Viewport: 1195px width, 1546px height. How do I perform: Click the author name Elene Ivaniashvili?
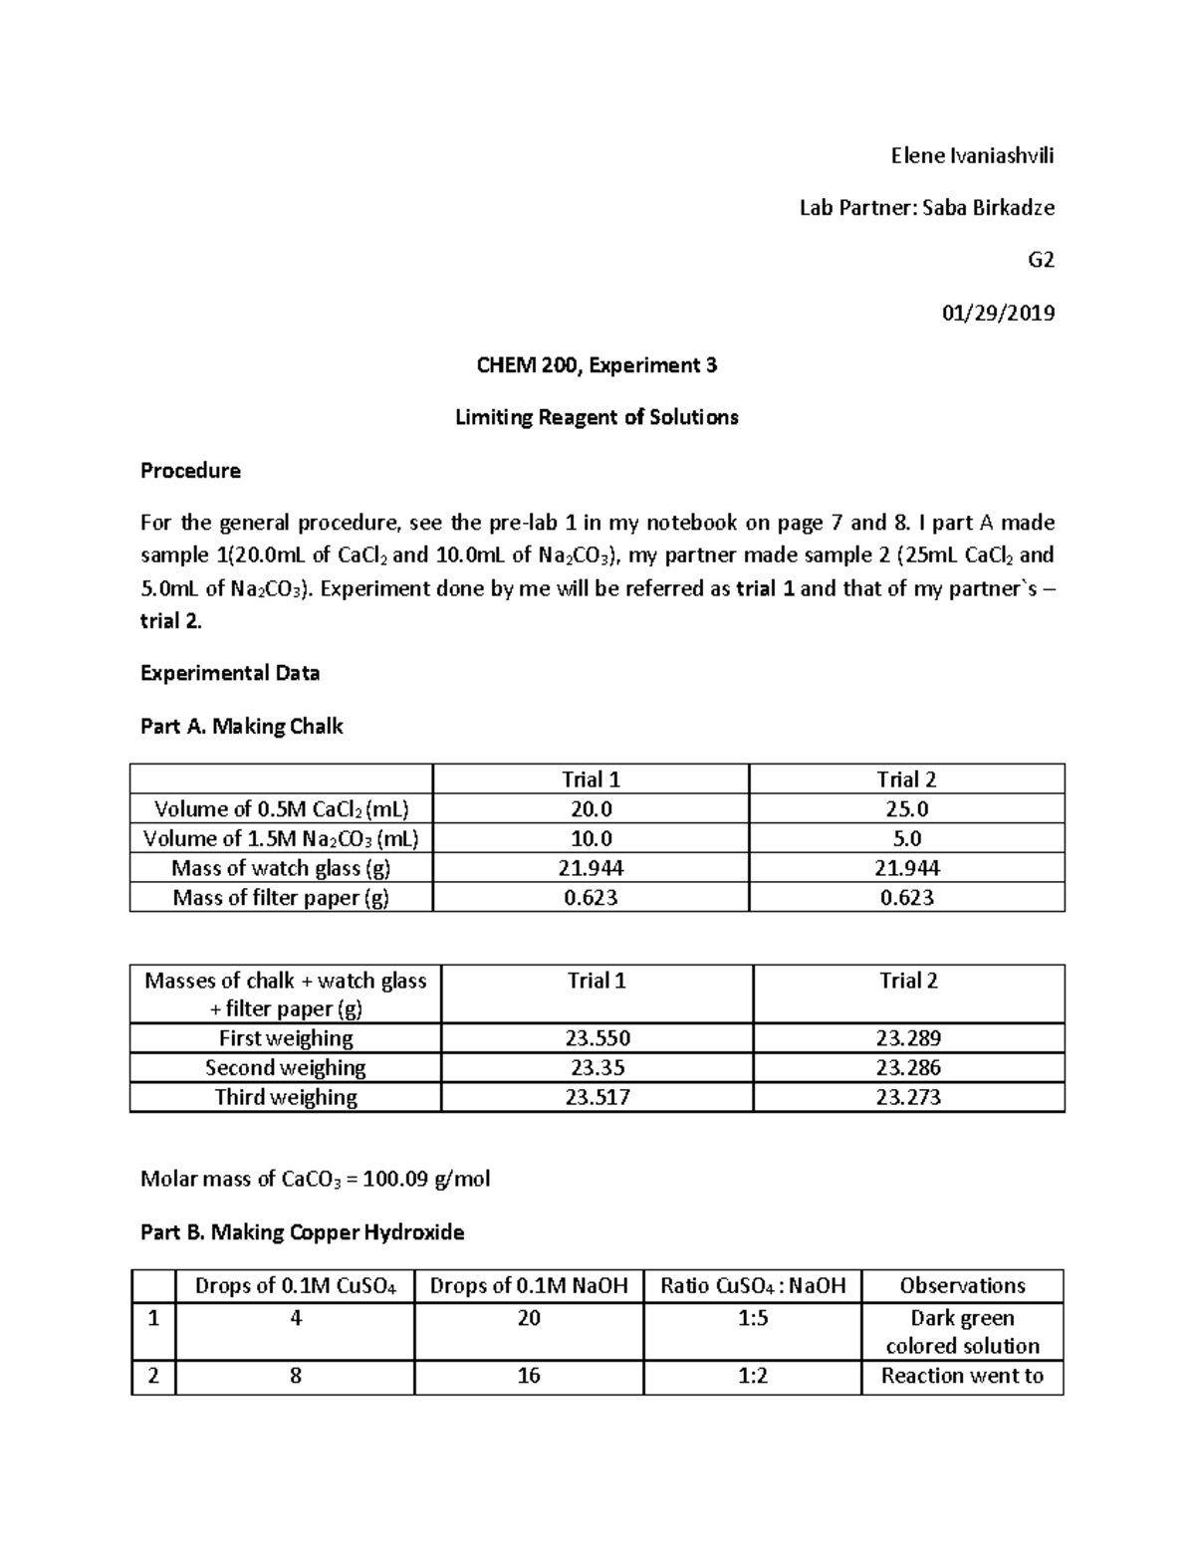click(972, 155)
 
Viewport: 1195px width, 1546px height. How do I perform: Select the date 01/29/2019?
click(998, 313)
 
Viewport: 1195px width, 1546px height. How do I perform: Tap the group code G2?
click(1041, 260)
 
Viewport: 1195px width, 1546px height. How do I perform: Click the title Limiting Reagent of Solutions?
click(597, 417)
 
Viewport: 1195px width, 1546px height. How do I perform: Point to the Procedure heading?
click(190, 470)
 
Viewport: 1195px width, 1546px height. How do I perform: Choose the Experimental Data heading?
click(230, 673)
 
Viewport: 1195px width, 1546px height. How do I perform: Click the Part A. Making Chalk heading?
click(241, 727)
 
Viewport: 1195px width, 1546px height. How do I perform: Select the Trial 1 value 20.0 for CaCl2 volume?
click(592, 808)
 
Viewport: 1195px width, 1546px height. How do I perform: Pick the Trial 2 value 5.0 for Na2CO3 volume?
click(906, 838)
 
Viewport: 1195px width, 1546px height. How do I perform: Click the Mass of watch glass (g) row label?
click(281, 868)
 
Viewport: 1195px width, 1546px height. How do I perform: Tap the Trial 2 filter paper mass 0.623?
click(906, 897)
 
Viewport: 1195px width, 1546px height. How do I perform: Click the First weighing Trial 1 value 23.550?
click(597, 1038)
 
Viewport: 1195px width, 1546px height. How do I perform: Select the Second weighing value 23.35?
click(597, 1068)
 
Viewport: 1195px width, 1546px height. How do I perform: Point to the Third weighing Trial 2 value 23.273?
click(908, 1097)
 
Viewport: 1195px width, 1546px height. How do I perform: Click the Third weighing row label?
click(286, 1097)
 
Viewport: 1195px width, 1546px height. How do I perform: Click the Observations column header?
click(962, 1285)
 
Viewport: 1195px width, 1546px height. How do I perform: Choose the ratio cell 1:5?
click(753, 1318)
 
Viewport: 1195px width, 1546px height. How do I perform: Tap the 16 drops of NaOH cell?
click(529, 1376)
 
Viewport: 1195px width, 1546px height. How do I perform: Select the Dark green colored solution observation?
click(962, 1332)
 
